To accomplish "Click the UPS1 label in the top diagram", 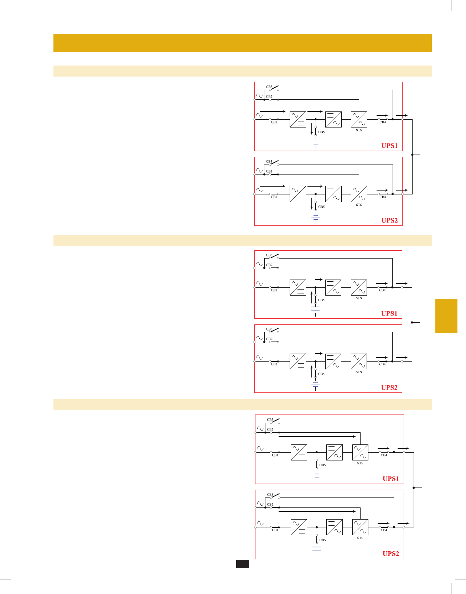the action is coord(389,146).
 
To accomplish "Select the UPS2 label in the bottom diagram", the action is coord(391,554).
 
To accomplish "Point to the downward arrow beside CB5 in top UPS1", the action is coord(312,129).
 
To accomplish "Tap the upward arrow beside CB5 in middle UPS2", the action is coord(312,371).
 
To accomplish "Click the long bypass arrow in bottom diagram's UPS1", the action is coord(317,436).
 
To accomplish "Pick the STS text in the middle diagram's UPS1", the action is coord(359,298).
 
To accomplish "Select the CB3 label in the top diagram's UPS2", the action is coord(269,162).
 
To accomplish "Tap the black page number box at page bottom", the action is coord(242,564).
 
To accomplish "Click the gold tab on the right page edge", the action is coord(446,316).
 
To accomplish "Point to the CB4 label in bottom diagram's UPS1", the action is coord(384,455).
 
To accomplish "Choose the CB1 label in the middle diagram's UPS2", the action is coord(274,364).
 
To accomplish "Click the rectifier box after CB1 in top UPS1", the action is coord(298,120).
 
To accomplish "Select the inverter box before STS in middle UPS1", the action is coord(333,287).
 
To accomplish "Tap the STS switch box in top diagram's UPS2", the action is coord(359,194).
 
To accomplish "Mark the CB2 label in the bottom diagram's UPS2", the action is coord(270,505).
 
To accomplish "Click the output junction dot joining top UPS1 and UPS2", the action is coord(412,155).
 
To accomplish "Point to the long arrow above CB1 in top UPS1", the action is coord(273,111).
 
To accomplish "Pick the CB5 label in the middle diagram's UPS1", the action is coord(321,300).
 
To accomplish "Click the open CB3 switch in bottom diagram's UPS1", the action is coord(275,421).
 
